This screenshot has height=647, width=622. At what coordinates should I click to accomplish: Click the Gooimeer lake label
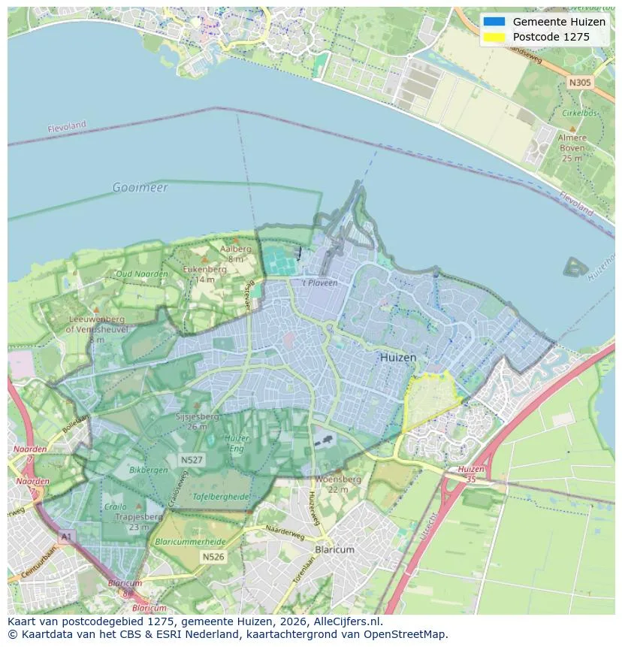[140, 187]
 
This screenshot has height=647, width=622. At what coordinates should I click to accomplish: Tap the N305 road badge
[579, 83]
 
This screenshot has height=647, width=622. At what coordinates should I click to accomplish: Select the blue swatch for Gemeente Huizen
[494, 22]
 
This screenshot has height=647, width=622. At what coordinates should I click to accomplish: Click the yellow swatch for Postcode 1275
[494, 37]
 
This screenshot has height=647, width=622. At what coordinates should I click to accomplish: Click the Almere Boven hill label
[572, 147]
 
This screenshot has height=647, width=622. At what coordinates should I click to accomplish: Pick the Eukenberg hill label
[204, 273]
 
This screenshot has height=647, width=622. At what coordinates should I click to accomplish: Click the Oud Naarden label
[142, 274]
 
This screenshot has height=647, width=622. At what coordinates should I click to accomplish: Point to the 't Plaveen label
[320, 283]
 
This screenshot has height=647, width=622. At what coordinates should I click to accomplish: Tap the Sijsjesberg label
[197, 420]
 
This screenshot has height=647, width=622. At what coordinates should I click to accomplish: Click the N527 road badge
[191, 459]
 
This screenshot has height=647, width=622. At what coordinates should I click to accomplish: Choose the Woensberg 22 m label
[338, 483]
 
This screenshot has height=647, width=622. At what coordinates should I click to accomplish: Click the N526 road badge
[213, 557]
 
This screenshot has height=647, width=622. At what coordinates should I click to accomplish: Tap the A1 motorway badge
[66, 537]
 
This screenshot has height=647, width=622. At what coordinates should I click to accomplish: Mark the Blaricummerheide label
[189, 541]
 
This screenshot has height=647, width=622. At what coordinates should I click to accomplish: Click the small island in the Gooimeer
[576, 267]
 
